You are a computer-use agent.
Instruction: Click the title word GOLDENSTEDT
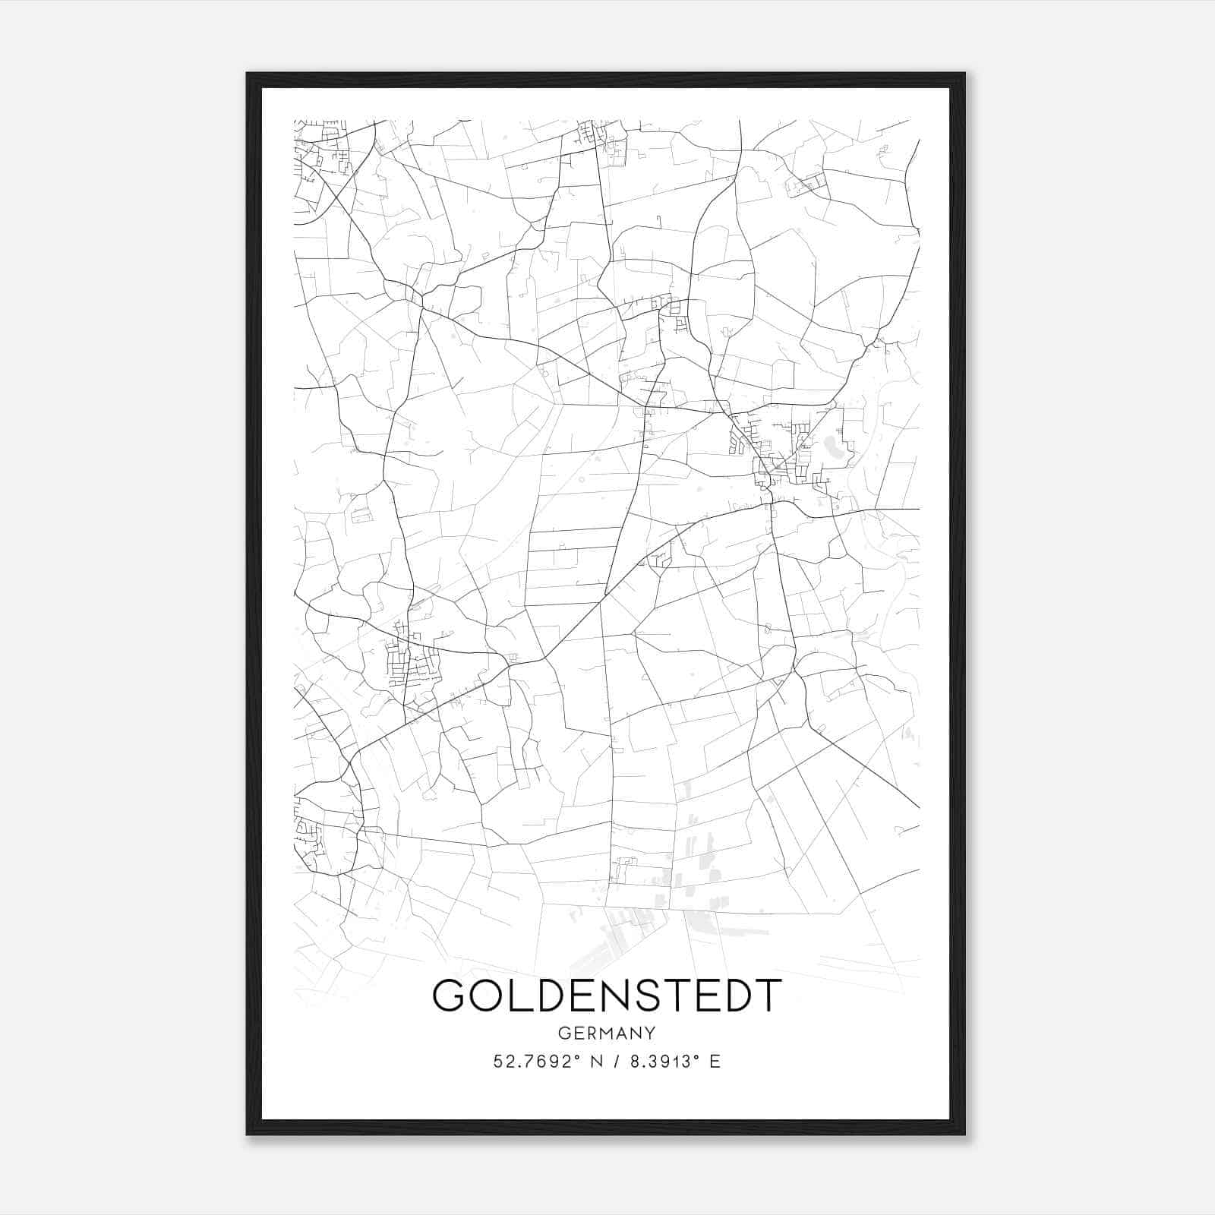click(x=607, y=995)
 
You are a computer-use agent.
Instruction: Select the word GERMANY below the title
click(x=607, y=1033)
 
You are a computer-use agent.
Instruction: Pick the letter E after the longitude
click(x=715, y=1062)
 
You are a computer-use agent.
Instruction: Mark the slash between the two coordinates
click(x=614, y=1062)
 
